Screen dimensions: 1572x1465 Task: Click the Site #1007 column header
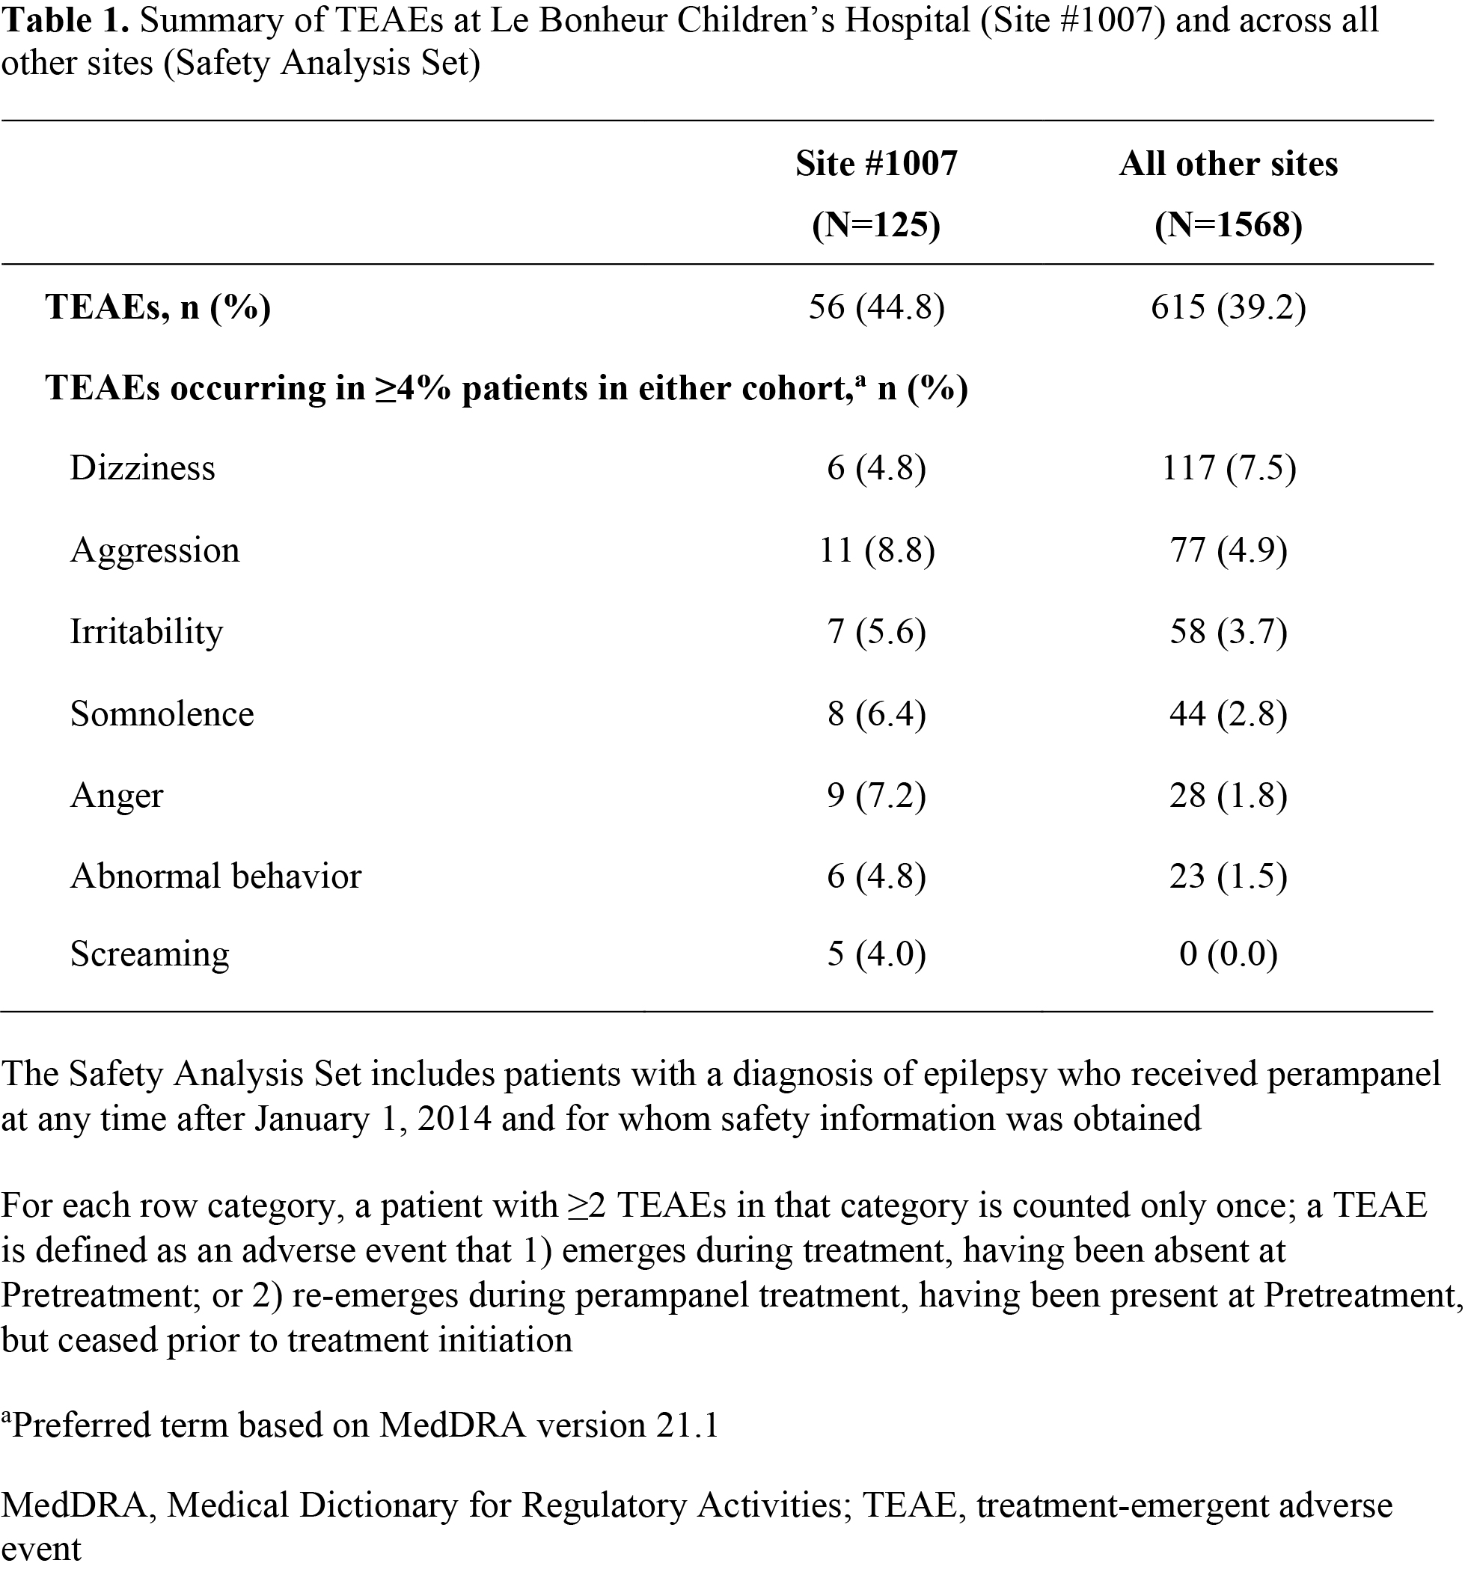pos(876,164)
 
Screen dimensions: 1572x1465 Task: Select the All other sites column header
pos(1228,164)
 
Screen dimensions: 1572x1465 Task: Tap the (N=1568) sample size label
pos(1228,225)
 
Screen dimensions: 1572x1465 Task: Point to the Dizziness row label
pos(142,468)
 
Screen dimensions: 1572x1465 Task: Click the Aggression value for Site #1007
pos(876,550)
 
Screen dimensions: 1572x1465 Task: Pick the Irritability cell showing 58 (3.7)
pos(1228,631)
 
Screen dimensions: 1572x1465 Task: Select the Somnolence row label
pos(162,713)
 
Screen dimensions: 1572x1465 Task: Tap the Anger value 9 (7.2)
pos(876,795)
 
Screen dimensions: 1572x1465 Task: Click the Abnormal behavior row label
pos(215,876)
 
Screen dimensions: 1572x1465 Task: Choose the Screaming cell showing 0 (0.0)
pos(1228,954)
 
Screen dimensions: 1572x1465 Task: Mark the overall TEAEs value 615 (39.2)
pos(1228,307)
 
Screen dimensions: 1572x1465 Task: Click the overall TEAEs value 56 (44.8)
pos(876,307)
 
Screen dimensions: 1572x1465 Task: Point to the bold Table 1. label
pos(65,20)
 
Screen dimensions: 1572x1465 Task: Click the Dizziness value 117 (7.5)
pos(1228,468)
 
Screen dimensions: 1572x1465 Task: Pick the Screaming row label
pos(150,954)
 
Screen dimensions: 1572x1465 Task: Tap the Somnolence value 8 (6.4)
pos(876,713)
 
